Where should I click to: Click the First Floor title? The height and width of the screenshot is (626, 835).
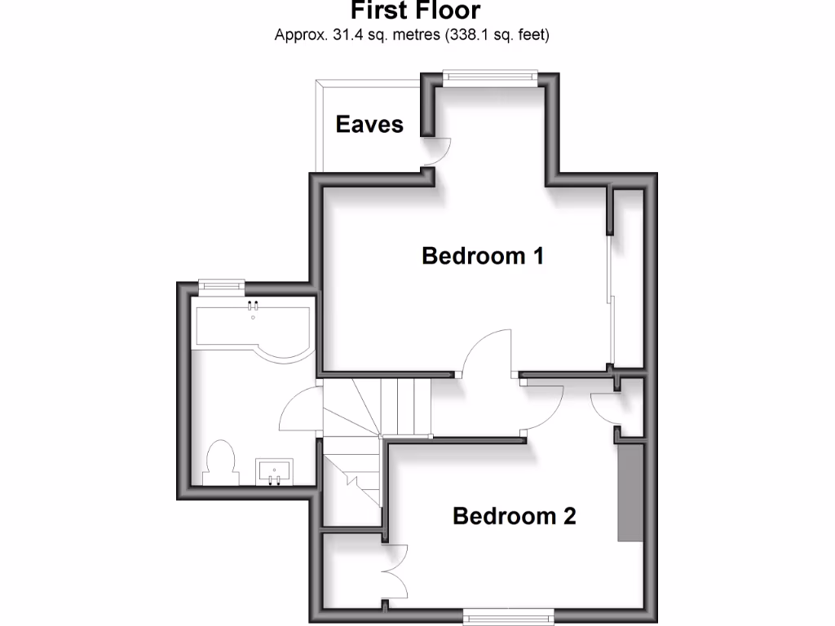[416, 11]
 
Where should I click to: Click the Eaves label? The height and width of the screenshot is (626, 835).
[369, 124]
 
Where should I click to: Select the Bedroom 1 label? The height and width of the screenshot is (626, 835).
[483, 256]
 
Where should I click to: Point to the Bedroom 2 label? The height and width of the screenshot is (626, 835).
[514, 516]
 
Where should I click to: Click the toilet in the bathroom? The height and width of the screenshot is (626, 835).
[220, 462]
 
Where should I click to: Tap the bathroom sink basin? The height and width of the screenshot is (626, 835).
[273, 470]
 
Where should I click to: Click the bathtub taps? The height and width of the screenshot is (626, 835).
[254, 307]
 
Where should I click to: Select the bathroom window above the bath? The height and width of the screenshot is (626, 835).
[221, 285]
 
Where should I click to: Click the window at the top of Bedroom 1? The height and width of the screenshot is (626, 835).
[489, 77]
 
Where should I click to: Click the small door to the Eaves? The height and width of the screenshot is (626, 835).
[440, 152]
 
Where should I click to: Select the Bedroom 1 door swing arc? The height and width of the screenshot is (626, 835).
[487, 350]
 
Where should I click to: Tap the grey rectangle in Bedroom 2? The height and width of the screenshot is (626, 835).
[630, 492]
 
